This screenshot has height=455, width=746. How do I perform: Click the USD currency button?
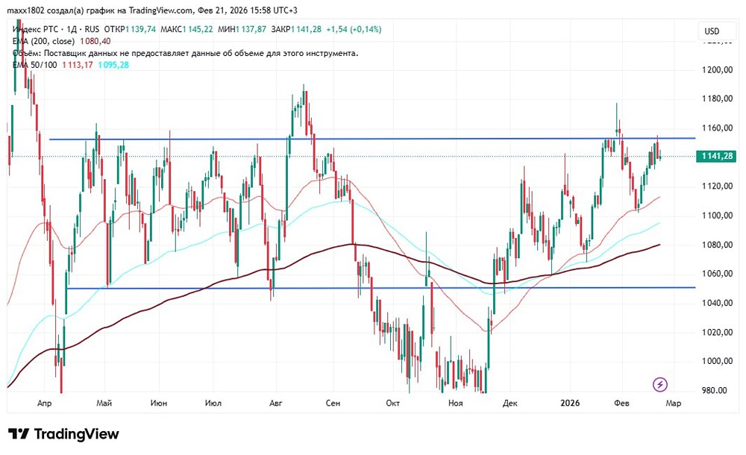click(x=712, y=31)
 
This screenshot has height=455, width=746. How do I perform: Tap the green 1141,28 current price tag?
click(x=715, y=156)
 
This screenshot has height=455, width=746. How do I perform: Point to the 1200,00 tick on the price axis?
click(x=715, y=69)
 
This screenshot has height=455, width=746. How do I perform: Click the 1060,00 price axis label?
click(x=715, y=274)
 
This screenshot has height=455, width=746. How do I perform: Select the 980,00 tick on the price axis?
click(x=715, y=390)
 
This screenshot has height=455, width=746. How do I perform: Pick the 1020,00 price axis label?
click(x=715, y=332)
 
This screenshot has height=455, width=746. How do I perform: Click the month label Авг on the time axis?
click(x=275, y=404)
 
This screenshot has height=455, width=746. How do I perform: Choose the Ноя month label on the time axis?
click(x=456, y=404)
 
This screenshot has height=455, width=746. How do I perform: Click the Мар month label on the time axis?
click(x=673, y=404)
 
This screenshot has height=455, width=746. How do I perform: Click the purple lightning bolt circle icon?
click(x=660, y=385)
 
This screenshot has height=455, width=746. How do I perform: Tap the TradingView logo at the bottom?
click(x=63, y=434)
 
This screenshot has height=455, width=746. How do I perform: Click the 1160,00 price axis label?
click(x=715, y=128)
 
